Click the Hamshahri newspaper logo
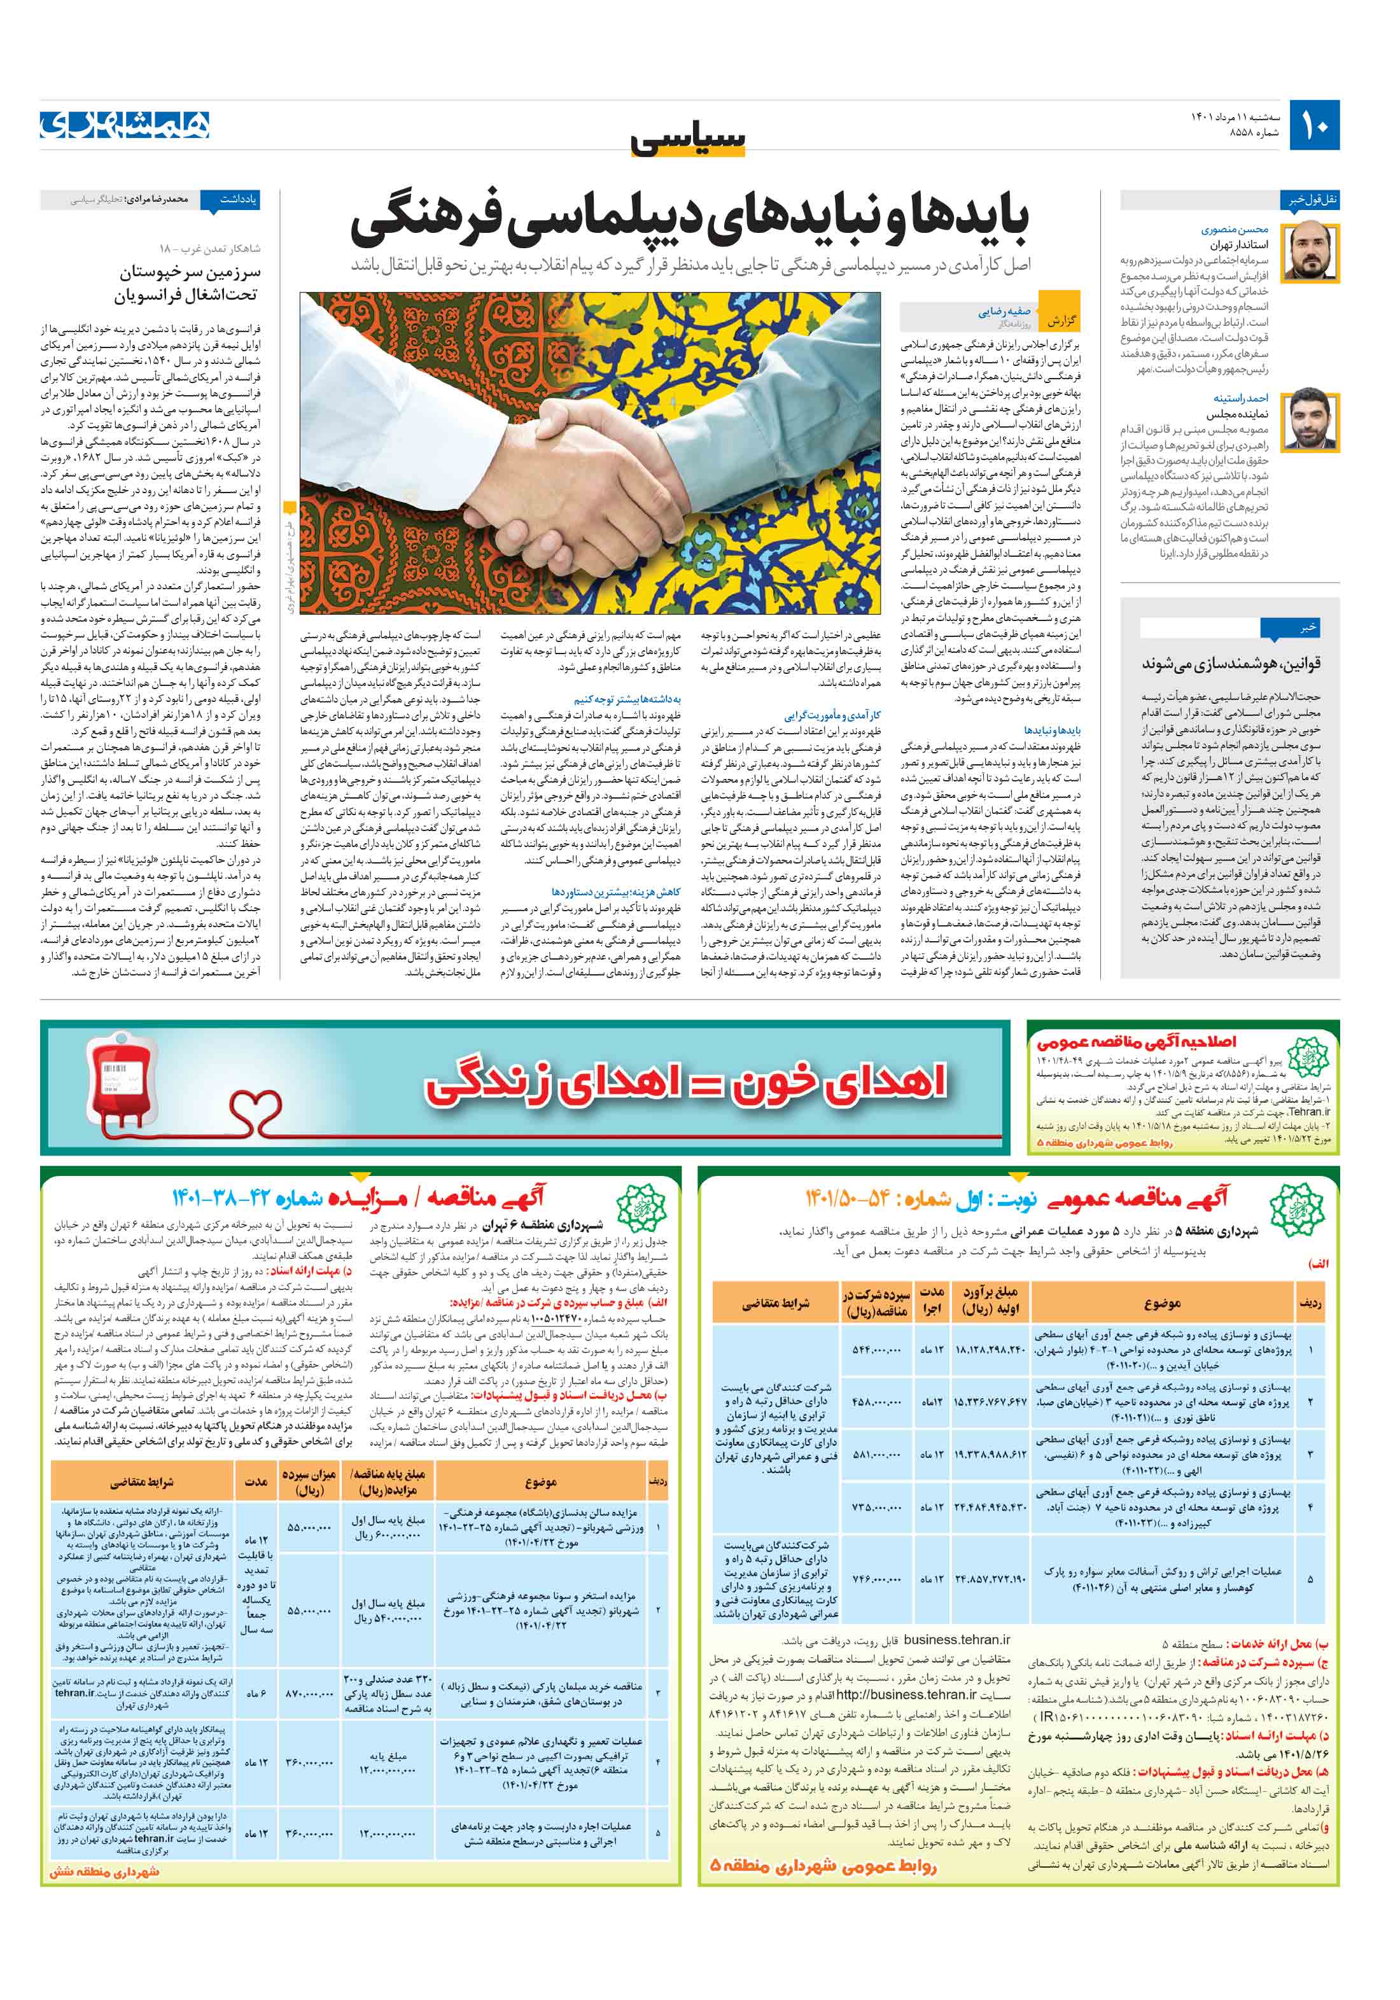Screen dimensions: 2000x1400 (125, 125)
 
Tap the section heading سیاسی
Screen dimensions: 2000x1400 (689, 139)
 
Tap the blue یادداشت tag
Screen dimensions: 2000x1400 (236, 199)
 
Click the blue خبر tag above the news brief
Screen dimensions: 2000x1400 (1307, 627)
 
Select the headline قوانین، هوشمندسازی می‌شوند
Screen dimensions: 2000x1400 (1231, 664)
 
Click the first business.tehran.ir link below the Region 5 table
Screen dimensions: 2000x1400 (956, 1639)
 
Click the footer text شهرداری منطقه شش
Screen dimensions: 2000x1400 (104, 1871)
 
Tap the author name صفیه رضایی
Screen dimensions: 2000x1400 (1004, 311)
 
